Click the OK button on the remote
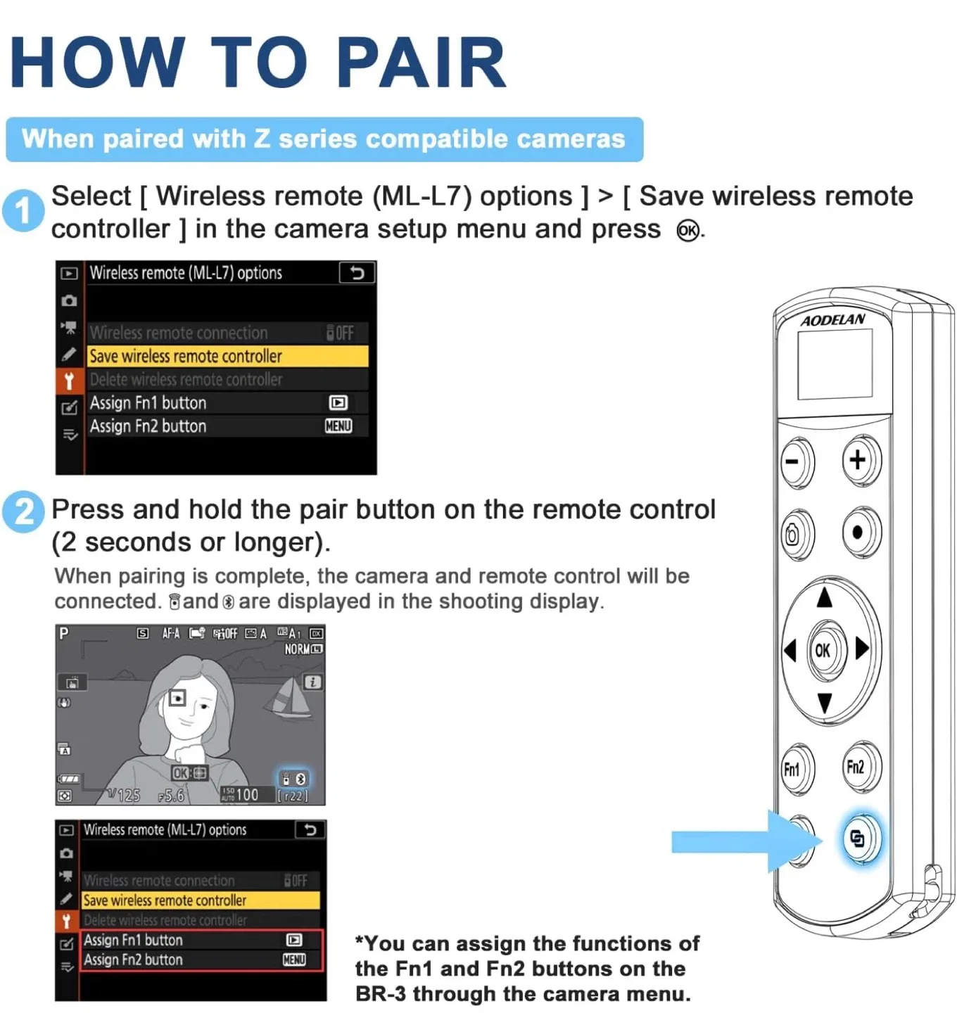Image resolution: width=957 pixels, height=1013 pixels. click(x=822, y=650)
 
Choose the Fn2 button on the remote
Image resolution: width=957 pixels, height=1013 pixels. click(x=856, y=767)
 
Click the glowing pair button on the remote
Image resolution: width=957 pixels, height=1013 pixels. click(x=858, y=838)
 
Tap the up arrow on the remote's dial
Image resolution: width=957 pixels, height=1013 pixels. click(x=824, y=598)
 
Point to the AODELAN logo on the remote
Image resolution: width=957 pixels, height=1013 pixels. click(x=833, y=320)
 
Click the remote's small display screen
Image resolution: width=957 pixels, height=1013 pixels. click(x=835, y=364)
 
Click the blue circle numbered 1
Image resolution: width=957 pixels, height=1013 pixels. click(x=23, y=210)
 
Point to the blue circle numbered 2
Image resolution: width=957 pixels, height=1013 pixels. click(x=23, y=511)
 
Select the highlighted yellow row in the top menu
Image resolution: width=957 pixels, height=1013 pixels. click(x=227, y=356)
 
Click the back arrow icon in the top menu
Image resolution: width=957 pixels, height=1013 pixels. click(x=357, y=272)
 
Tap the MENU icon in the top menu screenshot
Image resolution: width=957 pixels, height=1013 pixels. click(x=338, y=426)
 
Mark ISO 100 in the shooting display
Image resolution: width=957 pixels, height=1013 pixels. click(x=240, y=794)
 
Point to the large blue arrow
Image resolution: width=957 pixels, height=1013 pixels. click(x=742, y=841)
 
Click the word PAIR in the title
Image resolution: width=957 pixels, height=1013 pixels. click(x=421, y=63)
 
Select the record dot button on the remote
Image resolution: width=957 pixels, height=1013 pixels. click(x=858, y=533)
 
